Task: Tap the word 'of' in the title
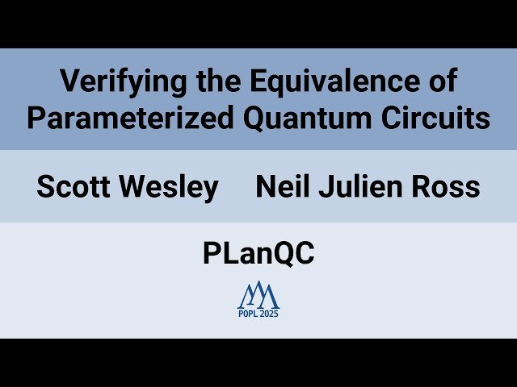pyautogui.click(x=440, y=81)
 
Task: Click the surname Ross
pyautogui.click(x=447, y=187)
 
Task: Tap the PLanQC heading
pyautogui.click(x=258, y=254)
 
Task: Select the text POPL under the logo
pyautogui.click(x=247, y=314)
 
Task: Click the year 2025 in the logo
pyautogui.click(x=269, y=314)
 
